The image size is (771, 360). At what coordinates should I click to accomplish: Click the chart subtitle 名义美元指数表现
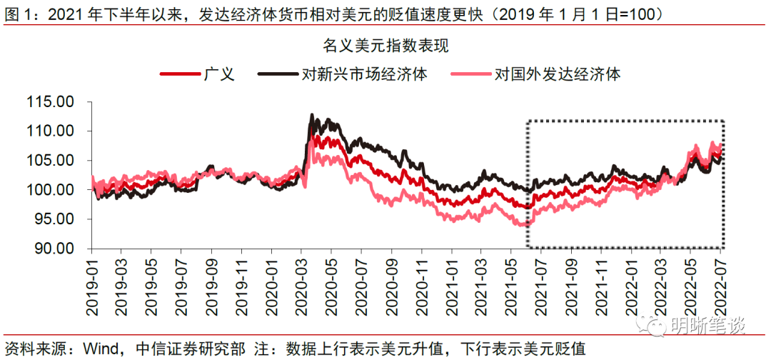click(385, 46)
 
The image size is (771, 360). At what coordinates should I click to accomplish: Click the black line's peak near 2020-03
click(311, 114)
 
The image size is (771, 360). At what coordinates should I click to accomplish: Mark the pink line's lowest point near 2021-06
click(527, 225)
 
